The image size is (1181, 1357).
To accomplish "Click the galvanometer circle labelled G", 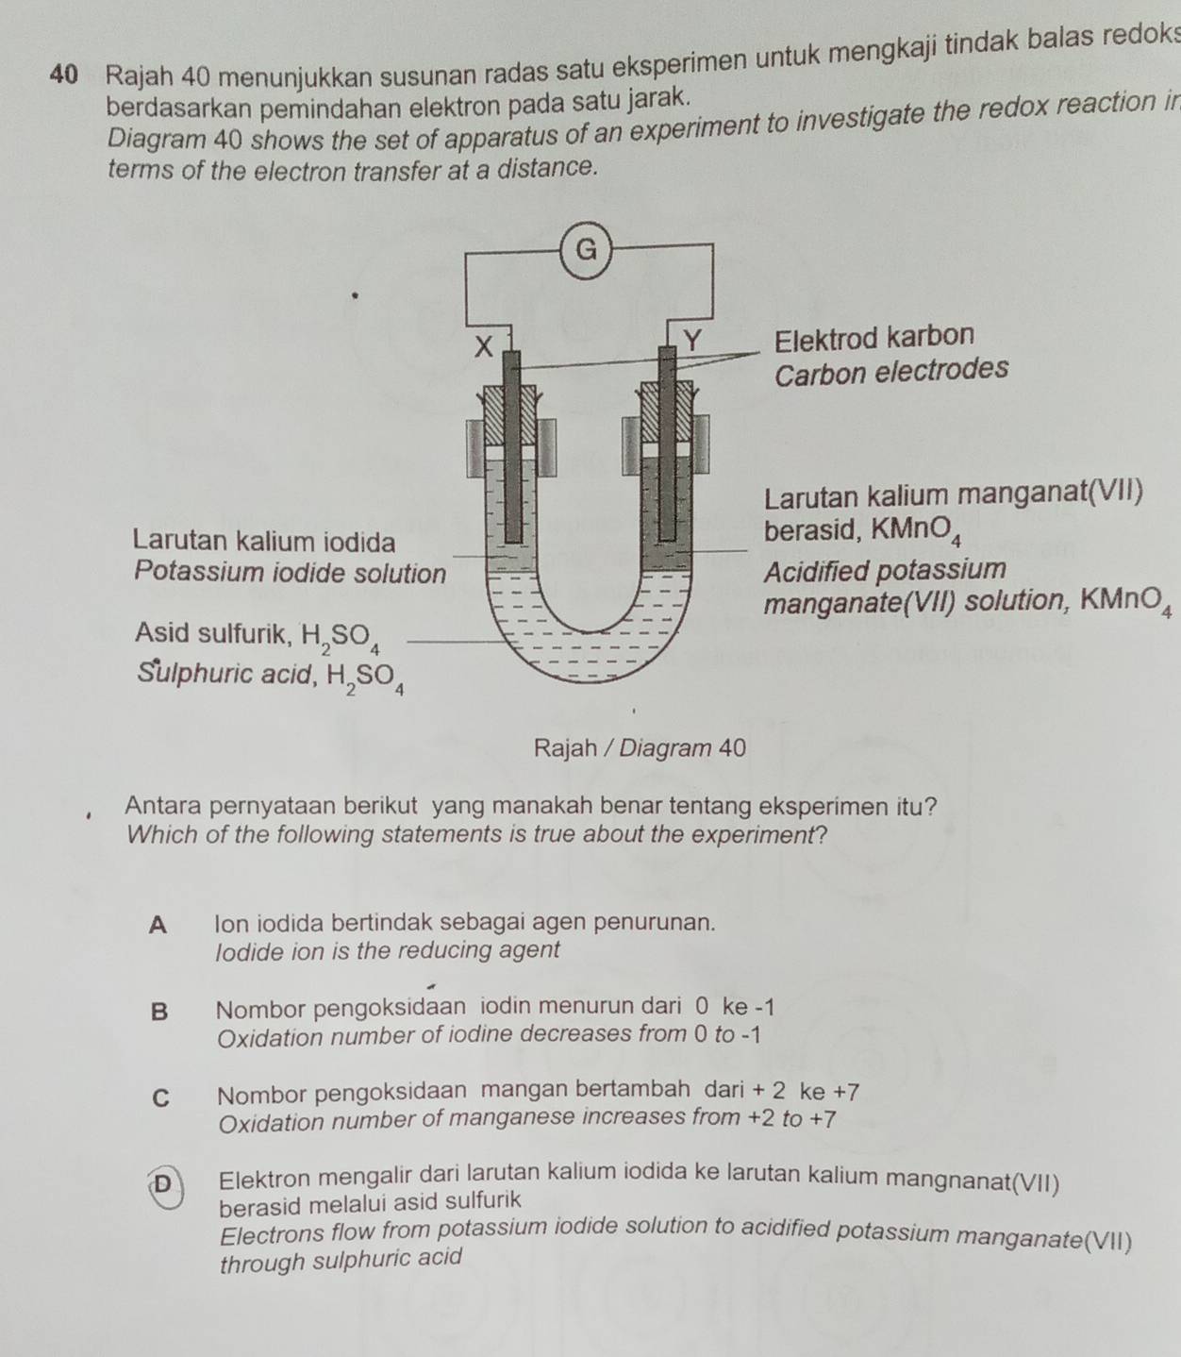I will click(x=586, y=250).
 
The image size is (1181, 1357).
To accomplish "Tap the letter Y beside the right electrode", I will click(x=692, y=341).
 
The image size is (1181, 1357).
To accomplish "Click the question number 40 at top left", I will click(x=62, y=74).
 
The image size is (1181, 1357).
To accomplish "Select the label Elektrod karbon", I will click(x=873, y=337).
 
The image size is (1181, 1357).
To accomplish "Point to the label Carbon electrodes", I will click(x=890, y=370).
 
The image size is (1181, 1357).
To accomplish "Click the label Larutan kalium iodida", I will click(x=263, y=542).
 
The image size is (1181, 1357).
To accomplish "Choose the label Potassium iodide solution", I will click(x=290, y=572).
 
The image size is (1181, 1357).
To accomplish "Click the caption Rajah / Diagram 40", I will click(x=640, y=748).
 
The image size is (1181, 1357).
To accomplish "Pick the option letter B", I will click(x=159, y=1012).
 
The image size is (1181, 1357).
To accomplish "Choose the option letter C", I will click(x=161, y=1097).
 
